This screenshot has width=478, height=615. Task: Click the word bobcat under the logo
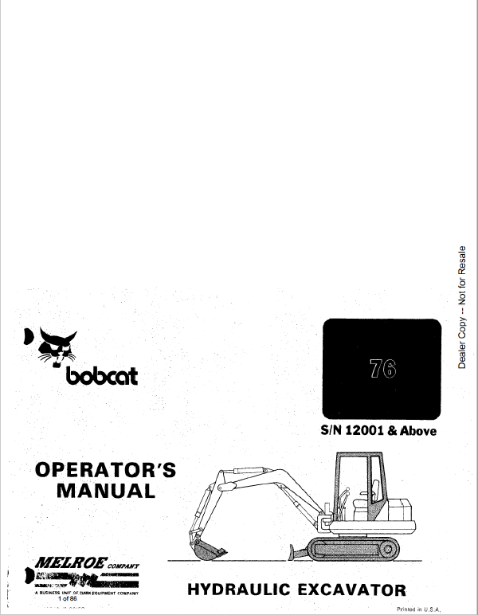point(99,374)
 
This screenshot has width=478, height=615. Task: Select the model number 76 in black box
point(382,371)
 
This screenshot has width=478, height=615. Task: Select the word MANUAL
point(106,490)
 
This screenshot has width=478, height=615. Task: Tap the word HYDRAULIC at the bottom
point(244,590)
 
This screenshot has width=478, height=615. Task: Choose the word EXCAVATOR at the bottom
point(354,590)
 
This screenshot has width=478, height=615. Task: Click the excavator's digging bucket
point(210,549)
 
